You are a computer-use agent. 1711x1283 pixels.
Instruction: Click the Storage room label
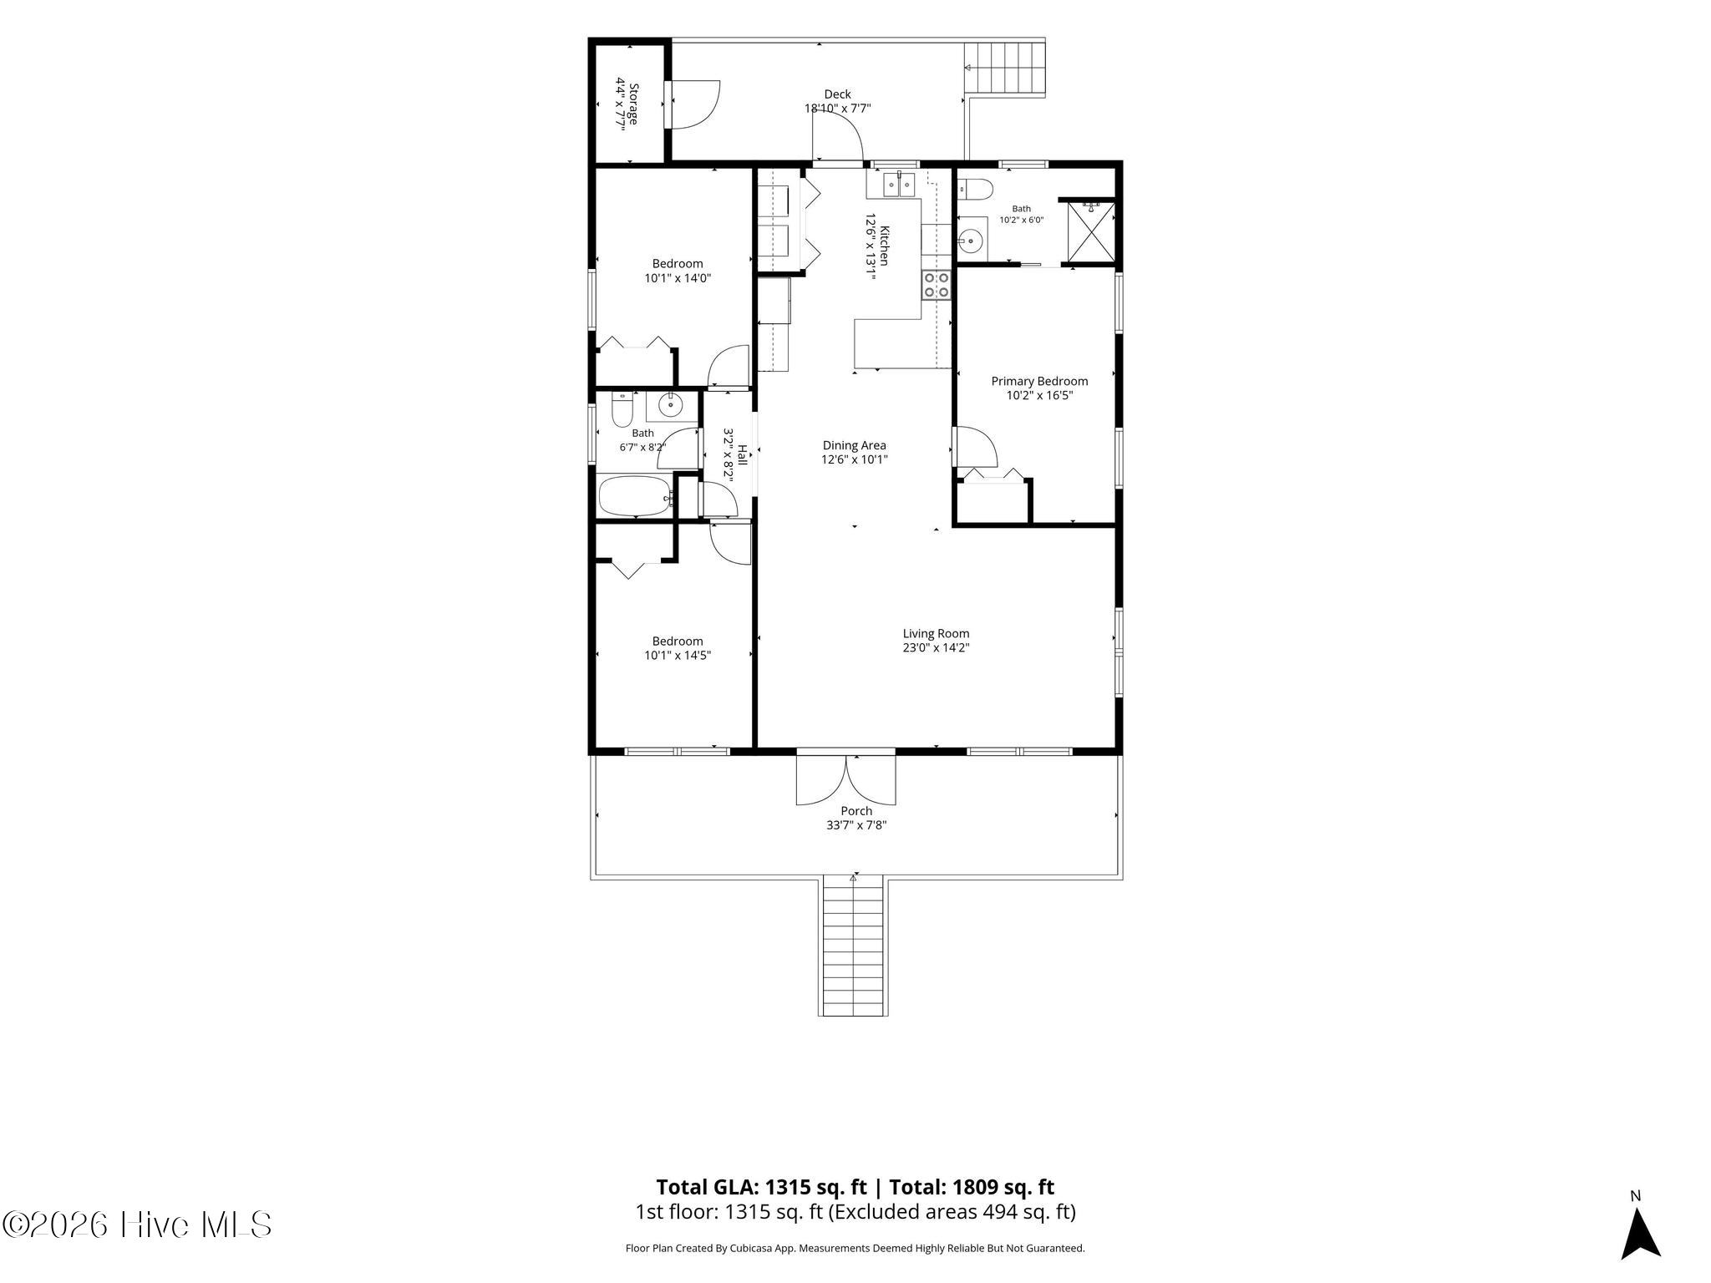click(x=634, y=104)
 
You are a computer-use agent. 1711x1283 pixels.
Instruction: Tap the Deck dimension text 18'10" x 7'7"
click(x=838, y=109)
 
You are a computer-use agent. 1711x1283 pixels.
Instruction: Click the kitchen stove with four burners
click(x=937, y=285)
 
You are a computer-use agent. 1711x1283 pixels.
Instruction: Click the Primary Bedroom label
click(x=1039, y=381)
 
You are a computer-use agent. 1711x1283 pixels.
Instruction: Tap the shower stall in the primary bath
click(x=1091, y=231)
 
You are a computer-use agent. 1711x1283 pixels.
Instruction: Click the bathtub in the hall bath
click(x=636, y=497)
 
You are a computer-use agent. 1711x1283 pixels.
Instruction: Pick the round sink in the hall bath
click(x=671, y=406)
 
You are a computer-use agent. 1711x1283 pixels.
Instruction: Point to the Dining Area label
click(x=854, y=445)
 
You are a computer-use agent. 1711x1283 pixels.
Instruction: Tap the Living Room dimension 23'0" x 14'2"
click(x=936, y=647)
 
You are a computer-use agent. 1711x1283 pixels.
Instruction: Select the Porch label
click(x=856, y=811)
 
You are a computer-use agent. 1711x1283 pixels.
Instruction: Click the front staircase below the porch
click(x=853, y=946)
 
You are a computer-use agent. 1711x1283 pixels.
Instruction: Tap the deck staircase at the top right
click(x=1005, y=68)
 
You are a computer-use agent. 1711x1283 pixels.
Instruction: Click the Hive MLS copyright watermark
click(x=138, y=1225)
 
